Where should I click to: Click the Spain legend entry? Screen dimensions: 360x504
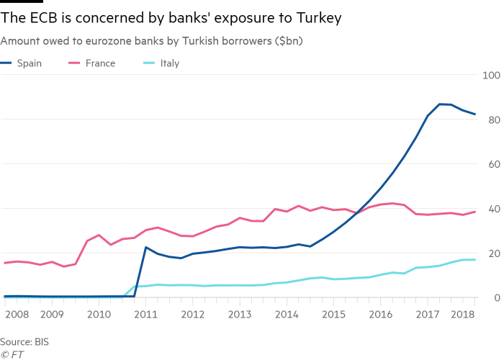pyautogui.click(x=28, y=63)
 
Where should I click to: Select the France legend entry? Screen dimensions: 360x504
pyautogui.click(x=100, y=63)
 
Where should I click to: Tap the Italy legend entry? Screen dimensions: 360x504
pyautogui.click(x=169, y=63)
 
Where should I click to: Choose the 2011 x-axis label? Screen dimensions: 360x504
pyautogui.click(x=145, y=315)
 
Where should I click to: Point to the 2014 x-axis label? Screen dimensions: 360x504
pyautogui.click(x=287, y=315)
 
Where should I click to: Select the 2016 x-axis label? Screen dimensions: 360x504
pyautogui.click(x=380, y=315)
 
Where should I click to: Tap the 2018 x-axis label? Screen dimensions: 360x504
pyautogui.click(x=462, y=315)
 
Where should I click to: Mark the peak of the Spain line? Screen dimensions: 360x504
pyautogui.click(x=445, y=104)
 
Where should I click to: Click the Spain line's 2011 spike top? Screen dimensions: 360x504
pyautogui.click(x=145, y=248)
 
